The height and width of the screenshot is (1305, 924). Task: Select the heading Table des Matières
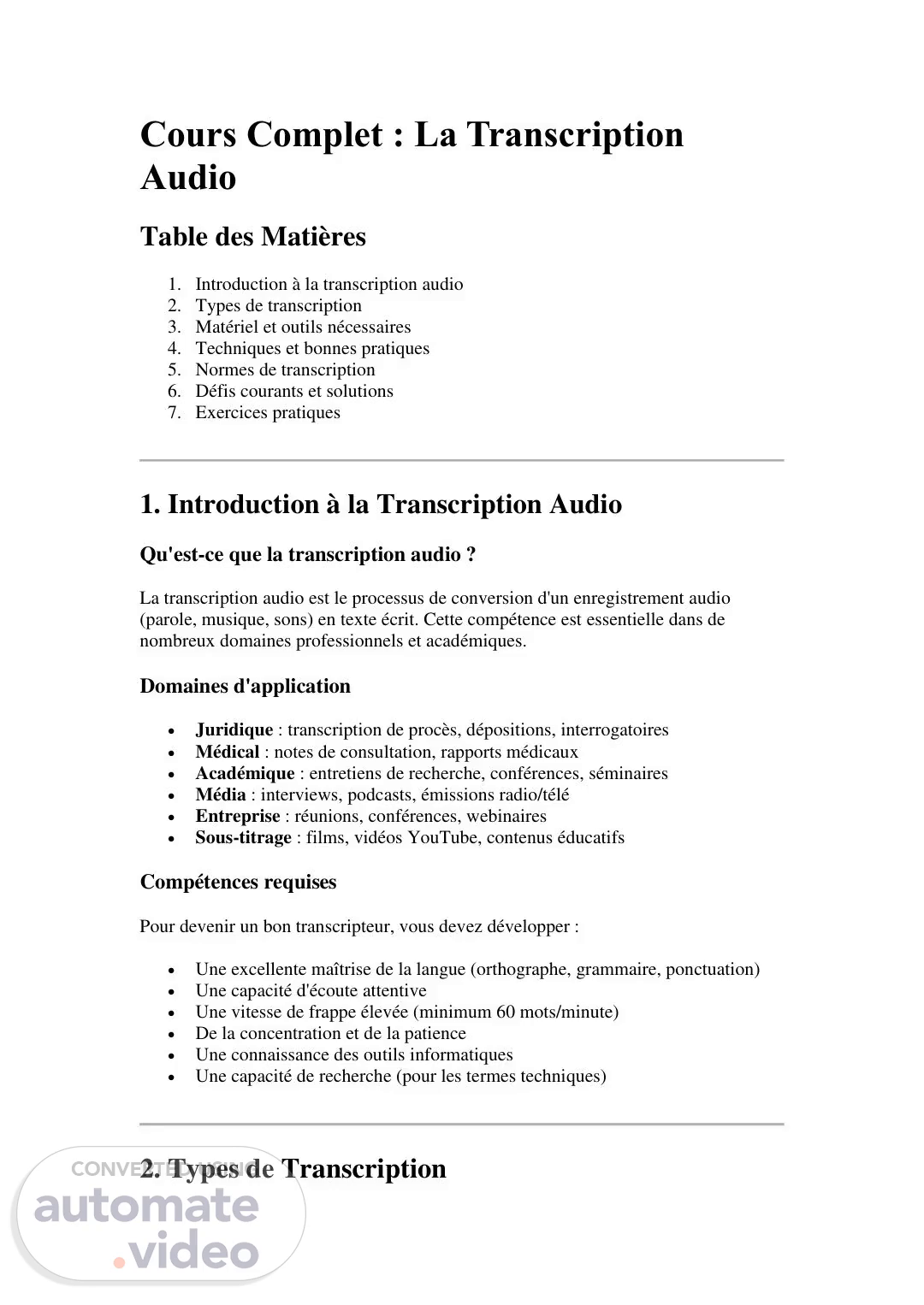(x=252, y=237)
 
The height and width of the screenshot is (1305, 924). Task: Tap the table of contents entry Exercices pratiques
(x=267, y=412)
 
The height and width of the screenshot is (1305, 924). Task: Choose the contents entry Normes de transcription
(x=285, y=369)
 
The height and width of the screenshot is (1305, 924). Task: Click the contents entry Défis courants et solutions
(x=294, y=391)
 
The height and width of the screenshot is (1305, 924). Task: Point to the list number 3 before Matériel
(x=174, y=327)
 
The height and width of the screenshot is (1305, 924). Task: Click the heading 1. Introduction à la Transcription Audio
(x=381, y=505)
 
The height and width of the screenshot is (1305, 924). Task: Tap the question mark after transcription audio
(x=471, y=555)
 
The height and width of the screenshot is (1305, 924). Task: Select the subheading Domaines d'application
(x=245, y=686)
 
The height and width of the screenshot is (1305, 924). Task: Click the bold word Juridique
(x=234, y=729)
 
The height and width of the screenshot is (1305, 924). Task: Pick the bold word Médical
(x=227, y=752)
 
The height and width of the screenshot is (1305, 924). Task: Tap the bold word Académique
(x=245, y=773)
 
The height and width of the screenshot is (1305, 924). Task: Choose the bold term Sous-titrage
(x=243, y=837)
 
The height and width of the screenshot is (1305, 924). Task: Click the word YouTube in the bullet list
(x=441, y=837)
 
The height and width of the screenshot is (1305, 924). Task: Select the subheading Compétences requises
(x=238, y=882)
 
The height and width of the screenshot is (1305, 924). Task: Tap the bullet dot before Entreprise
(x=173, y=817)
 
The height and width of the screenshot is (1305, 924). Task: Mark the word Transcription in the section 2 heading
(x=364, y=1169)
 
